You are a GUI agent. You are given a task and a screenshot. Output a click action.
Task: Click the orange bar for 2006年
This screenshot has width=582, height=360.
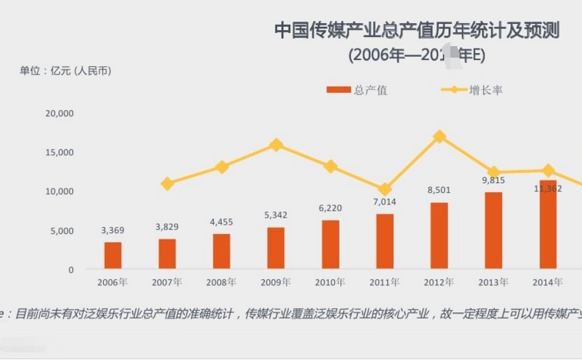(x=113, y=255)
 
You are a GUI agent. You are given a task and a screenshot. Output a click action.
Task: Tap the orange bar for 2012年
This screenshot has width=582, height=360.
(x=439, y=235)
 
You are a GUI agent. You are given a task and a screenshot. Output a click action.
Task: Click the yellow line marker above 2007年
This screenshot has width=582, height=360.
(x=167, y=184)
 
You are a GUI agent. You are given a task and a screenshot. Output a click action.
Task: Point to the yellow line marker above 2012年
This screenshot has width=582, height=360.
(x=439, y=136)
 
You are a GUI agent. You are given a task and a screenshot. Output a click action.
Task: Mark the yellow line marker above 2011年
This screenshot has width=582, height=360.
(x=385, y=189)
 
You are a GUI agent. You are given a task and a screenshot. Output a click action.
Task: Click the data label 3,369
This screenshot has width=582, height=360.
(x=113, y=230)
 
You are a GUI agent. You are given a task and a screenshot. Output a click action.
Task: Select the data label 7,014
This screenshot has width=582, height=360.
(x=385, y=201)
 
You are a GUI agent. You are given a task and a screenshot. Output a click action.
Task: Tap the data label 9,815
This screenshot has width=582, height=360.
(x=493, y=180)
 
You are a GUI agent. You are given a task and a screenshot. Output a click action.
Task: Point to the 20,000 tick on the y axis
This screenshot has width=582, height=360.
(x=59, y=113)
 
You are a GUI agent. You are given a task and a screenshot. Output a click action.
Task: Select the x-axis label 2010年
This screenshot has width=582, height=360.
(x=330, y=282)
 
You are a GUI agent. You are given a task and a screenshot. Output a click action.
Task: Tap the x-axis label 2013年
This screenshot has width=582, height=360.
(x=493, y=282)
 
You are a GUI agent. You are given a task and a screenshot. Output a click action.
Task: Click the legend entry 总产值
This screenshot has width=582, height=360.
(x=356, y=90)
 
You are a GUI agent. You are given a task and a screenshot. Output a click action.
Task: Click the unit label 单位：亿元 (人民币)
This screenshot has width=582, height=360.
(x=65, y=71)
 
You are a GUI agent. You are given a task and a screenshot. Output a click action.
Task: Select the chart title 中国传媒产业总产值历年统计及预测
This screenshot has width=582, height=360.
(x=427, y=31)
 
